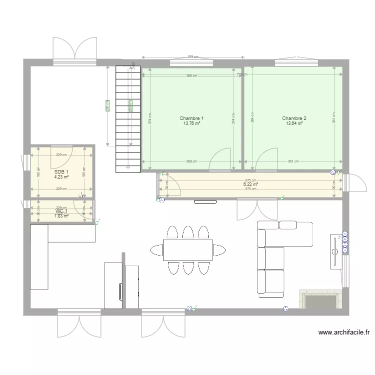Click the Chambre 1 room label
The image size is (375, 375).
click(x=191, y=118)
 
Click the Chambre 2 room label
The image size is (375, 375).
click(x=294, y=118)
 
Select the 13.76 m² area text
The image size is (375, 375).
click(x=191, y=123)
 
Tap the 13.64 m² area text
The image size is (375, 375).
click(x=294, y=123)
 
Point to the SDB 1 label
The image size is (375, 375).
click(x=61, y=171)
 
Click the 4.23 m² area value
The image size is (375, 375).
click(x=61, y=176)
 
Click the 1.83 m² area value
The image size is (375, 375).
click(x=61, y=216)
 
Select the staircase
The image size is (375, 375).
click(x=128, y=118)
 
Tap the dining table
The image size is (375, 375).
click(x=188, y=250)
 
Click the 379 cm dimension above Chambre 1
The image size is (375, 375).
click(x=193, y=57)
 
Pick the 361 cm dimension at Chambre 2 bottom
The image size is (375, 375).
click(x=293, y=161)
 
